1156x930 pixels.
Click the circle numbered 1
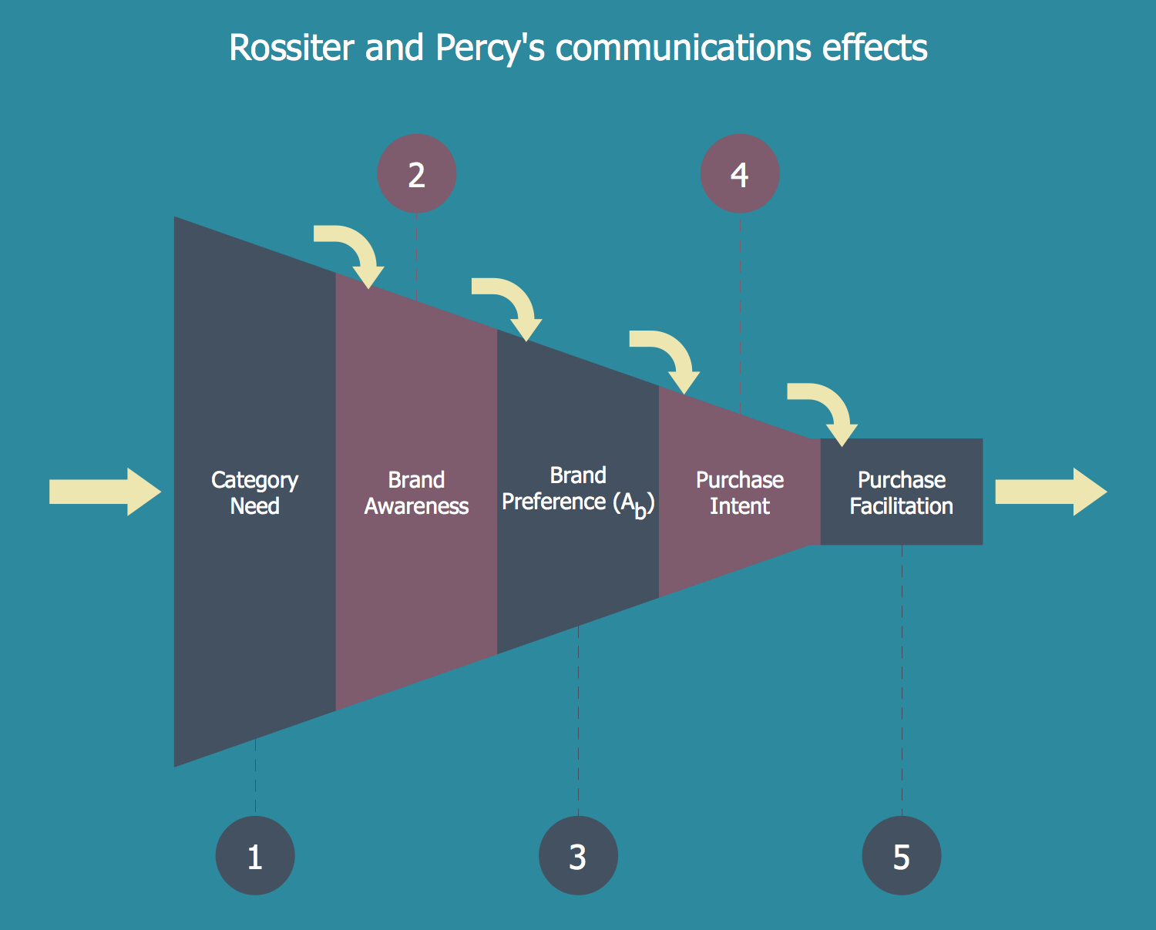click(x=255, y=855)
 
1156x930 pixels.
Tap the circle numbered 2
click(x=416, y=174)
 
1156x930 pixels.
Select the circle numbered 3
click(x=578, y=855)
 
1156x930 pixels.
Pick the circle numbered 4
click(x=740, y=174)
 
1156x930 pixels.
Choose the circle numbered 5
click(x=901, y=855)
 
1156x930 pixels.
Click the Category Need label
click(x=255, y=492)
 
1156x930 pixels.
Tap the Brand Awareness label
click(x=416, y=492)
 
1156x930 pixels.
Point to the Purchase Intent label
click(x=740, y=492)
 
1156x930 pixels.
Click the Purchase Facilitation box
click(x=901, y=492)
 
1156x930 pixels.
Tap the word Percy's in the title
click(x=489, y=48)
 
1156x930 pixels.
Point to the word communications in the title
click(x=684, y=48)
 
